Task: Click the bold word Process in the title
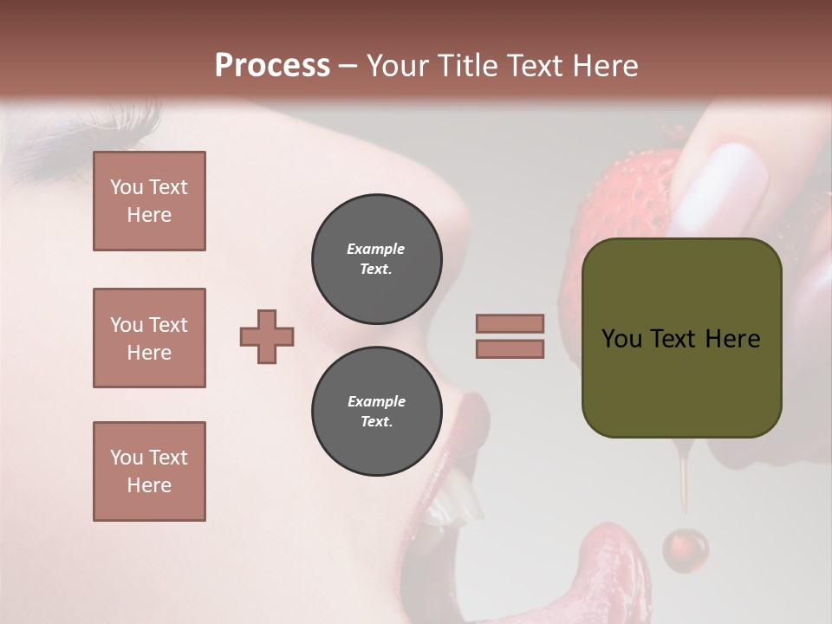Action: click(x=272, y=66)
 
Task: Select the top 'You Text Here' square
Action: click(x=149, y=201)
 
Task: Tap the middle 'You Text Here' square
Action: click(x=149, y=338)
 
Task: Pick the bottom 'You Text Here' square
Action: click(x=149, y=471)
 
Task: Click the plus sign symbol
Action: click(x=267, y=336)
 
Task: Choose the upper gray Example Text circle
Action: click(x=376, y=258)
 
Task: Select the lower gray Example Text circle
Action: click(x=376, y=411)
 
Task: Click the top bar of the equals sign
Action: click(x=510, y=323)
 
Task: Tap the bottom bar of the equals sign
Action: click(x=510, y=348)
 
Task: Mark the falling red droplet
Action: click(x=685, y=549)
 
